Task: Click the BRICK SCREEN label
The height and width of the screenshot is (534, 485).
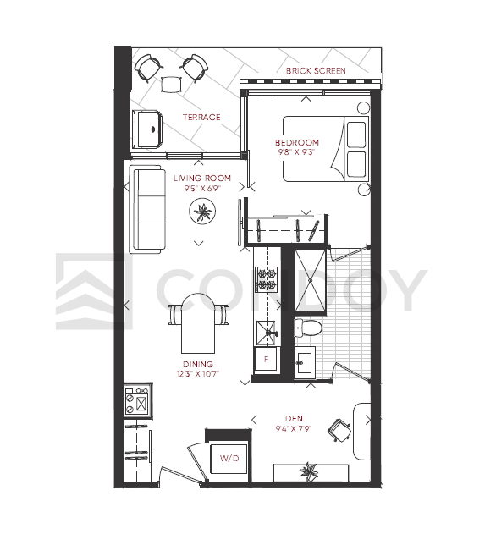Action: (x=316, y=71)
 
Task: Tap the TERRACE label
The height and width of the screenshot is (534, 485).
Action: (x=201, y=118)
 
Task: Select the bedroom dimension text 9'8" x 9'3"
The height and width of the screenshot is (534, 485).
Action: (x=296, y=152)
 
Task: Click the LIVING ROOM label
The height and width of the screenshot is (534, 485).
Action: (x=202, y=178)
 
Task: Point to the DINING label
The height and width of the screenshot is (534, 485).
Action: (x=198, y=365)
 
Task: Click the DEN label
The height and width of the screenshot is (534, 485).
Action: (x=294, y=418)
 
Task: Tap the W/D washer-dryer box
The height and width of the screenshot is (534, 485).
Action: (x=229, y=459)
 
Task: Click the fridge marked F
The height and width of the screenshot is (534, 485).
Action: (x=267, y=359)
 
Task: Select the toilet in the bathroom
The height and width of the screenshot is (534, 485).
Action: (x=307, y=328)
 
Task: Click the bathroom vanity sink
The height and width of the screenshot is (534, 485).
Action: (x=305, y=362)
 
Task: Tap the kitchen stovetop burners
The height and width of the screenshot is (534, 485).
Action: (x=267, y=279)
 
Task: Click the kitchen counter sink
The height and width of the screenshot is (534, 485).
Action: (x=267, y=333)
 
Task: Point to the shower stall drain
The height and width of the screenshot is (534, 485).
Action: (x=311, y=280)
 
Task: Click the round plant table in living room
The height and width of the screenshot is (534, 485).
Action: (x=202, y=212)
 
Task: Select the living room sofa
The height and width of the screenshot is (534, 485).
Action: (x=147, y=209)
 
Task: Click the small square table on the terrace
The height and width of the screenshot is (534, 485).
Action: (x=171, y=85)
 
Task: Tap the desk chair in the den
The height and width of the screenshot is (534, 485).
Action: (x=339, y=430)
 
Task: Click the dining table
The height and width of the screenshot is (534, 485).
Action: (x=198, y=322)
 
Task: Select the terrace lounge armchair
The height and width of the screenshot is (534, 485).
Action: (x=147, y=129)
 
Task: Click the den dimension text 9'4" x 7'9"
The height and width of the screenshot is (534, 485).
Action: (x=294, y=428)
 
